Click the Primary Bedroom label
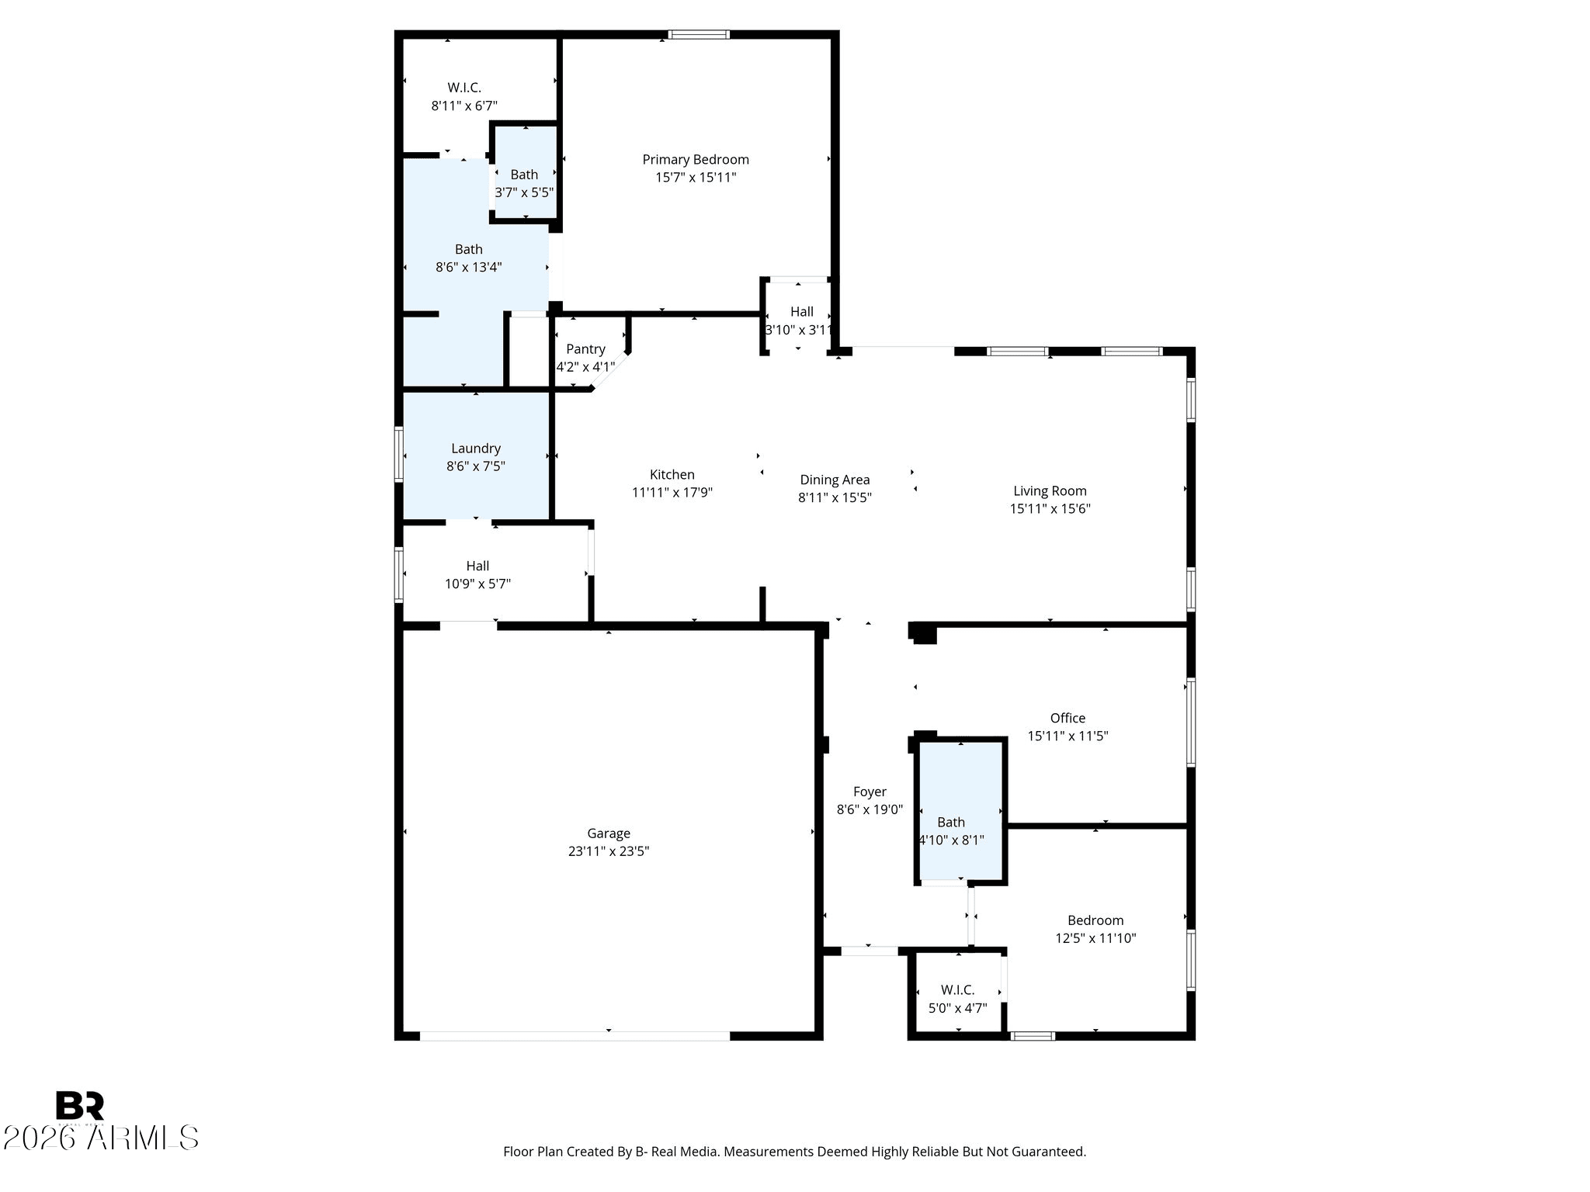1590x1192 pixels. click(696, 160)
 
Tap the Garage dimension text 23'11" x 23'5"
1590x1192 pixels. click(609, 851)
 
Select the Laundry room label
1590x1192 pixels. click(476, 449)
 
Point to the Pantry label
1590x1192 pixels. click(585, 349)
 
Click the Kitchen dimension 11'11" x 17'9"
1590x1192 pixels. click(672, 492)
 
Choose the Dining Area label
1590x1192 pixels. click(835, 480)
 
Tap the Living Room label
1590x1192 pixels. click(1050, 491)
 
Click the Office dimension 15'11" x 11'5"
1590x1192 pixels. click(1068, 736)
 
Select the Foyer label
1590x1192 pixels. click(870, 792)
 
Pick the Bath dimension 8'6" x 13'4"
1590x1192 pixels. click(469, 268)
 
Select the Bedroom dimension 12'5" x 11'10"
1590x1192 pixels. click(1095, 938)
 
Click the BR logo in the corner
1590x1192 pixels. click(80, 1106)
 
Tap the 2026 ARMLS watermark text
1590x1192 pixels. click(101, 1138)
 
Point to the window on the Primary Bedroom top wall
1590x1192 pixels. click(699, 34)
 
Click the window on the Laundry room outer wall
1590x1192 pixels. click(399, 454)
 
